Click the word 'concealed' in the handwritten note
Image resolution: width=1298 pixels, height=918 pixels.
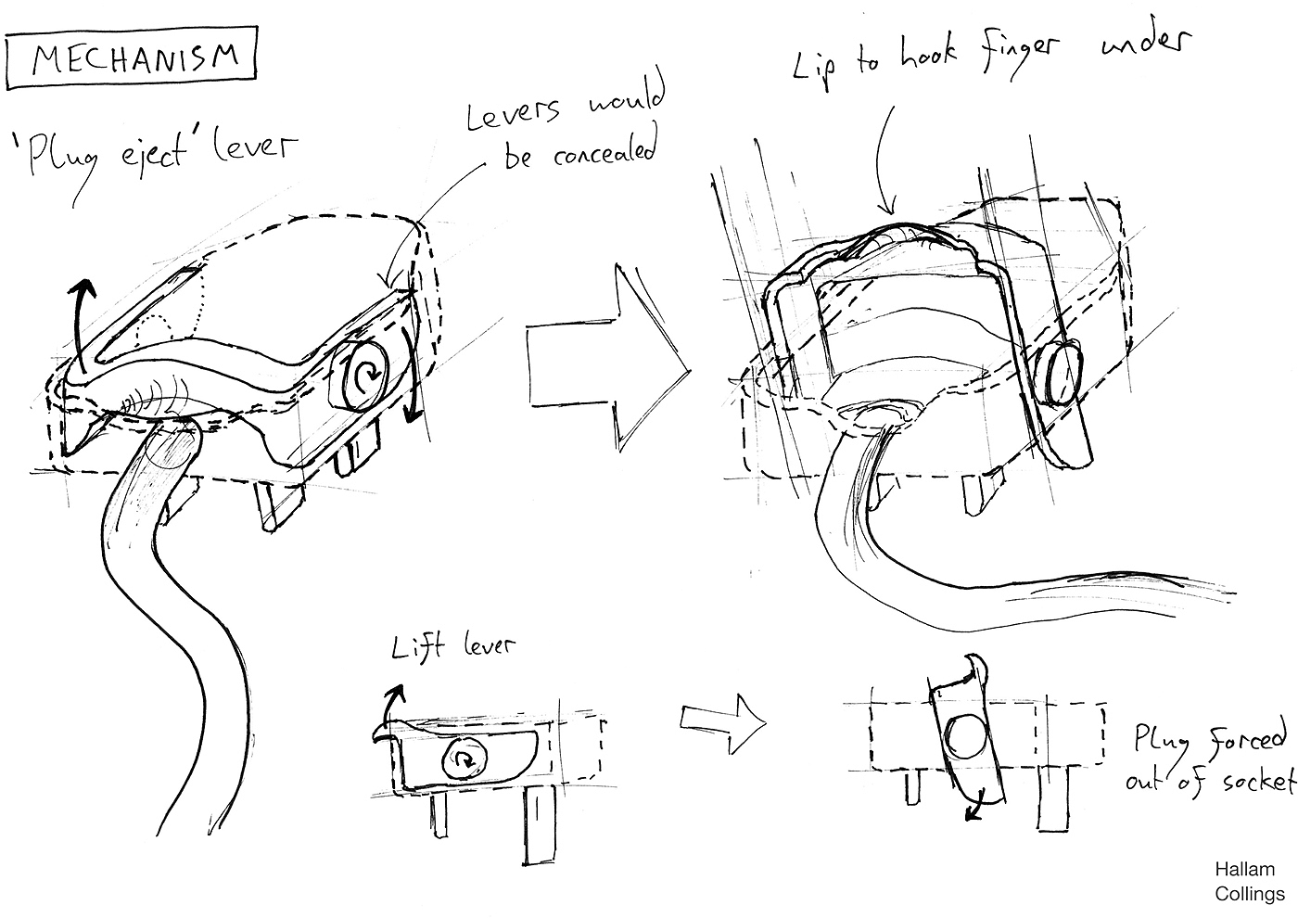tap(604, 149)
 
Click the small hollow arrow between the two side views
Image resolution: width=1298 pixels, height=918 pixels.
tap(723, 723)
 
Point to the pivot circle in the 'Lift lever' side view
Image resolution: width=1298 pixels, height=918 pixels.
tap(464, 759)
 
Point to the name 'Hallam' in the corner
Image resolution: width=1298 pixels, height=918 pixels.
tap(1244, 869)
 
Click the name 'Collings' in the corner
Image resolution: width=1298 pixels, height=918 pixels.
tap(1250, 894)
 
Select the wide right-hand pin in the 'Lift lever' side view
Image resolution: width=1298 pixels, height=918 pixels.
tap(540, 825)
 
